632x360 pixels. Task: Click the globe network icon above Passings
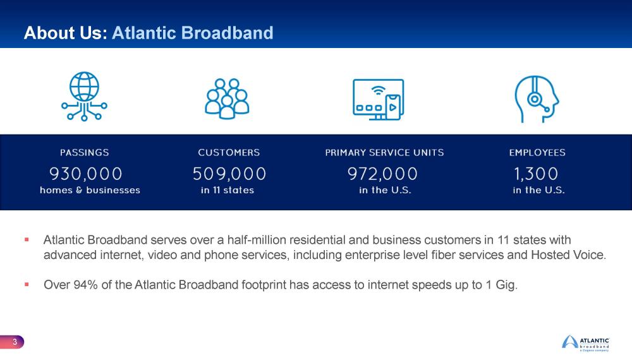84,97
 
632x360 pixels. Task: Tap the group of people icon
227,98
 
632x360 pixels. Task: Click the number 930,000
86,172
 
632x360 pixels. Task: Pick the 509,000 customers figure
229,172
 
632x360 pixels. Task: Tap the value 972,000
383,172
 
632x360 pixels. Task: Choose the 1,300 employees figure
535,172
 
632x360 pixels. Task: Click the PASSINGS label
85,152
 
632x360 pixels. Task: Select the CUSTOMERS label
229,152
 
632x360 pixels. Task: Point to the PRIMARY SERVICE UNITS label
384,152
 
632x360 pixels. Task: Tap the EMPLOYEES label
537,152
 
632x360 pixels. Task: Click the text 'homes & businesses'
90,190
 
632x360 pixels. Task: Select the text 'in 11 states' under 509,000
228,190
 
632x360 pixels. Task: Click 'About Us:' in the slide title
65,33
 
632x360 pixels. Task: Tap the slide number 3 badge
14,342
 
